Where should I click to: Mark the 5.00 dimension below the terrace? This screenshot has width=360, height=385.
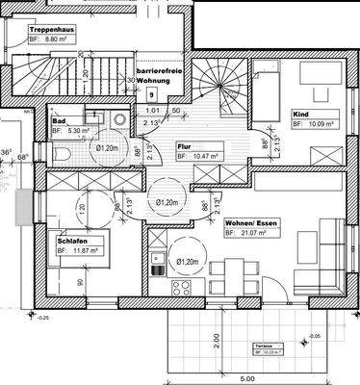click(249, 377)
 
